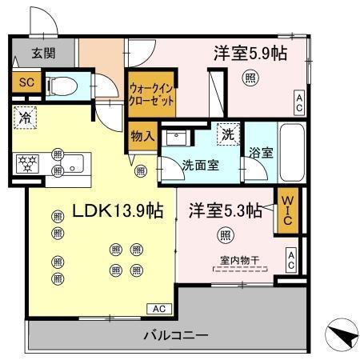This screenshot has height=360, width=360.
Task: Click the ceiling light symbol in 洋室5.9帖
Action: point(251,78)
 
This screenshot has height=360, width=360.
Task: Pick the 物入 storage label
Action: point(143,135)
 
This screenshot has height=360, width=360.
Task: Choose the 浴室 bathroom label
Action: point(261,153)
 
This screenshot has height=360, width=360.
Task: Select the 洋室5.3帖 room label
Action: point(226,211)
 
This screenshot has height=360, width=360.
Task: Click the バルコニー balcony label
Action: point(175,335)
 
